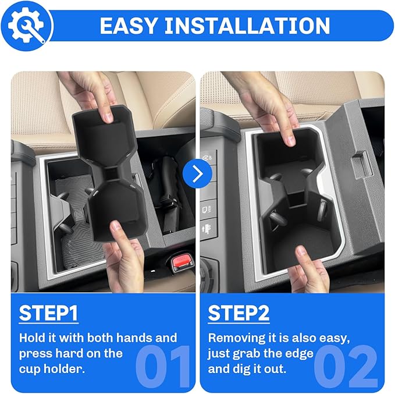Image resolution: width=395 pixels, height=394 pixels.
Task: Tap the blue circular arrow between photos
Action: [x=197, y=173]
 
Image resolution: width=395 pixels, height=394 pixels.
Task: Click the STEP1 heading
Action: [x=49, y=313]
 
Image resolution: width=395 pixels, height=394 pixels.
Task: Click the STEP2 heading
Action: [x=239, y=313]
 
